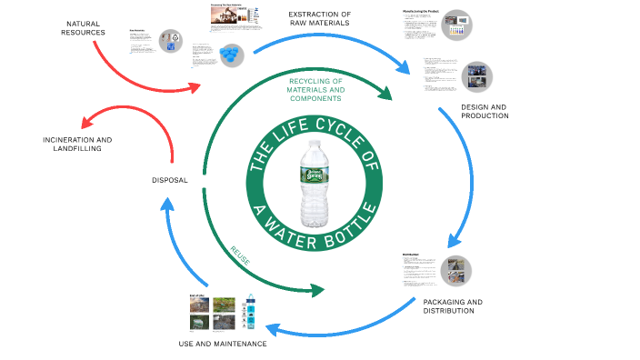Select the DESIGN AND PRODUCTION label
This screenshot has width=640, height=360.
(x=485, y=111)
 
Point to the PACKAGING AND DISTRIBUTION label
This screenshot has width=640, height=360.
(x=453, y=305)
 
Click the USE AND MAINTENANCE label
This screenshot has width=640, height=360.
(x=223, y=344)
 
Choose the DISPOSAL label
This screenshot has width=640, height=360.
(x=169, y=180)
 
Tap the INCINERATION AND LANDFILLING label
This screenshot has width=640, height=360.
(x=78, y=144)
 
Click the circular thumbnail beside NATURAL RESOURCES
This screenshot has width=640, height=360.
(x=170, y=41)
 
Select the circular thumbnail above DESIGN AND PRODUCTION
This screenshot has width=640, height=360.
(x=476, y=75)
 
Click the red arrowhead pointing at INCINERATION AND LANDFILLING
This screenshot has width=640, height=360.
(x=84, y=125)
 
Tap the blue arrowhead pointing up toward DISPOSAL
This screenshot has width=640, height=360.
(x=166, y=202)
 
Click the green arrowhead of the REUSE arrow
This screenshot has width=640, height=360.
(x=316, y=291)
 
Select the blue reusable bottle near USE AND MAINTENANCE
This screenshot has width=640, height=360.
(x=249, y=313)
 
